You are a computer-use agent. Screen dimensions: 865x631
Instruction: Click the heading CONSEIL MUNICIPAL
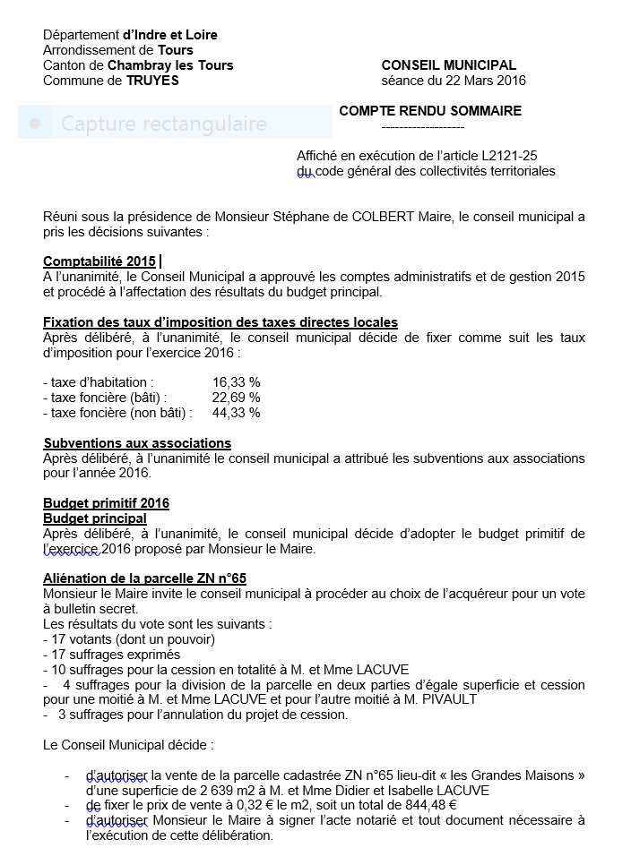click(448, 65)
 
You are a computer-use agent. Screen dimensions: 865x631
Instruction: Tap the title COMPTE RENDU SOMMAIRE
click(429, 111)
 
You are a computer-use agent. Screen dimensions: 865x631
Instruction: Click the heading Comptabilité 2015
click(99, 261)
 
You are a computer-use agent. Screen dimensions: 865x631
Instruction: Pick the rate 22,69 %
click(236, 398)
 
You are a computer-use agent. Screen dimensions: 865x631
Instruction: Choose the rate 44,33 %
click(236, 413)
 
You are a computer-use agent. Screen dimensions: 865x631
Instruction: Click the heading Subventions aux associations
click(137, 443)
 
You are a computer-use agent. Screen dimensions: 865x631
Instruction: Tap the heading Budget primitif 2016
click(106, 503)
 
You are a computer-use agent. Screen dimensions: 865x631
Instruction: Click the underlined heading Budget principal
click(95, 518)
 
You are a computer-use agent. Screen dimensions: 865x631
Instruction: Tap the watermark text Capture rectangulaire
click(163, 123)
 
